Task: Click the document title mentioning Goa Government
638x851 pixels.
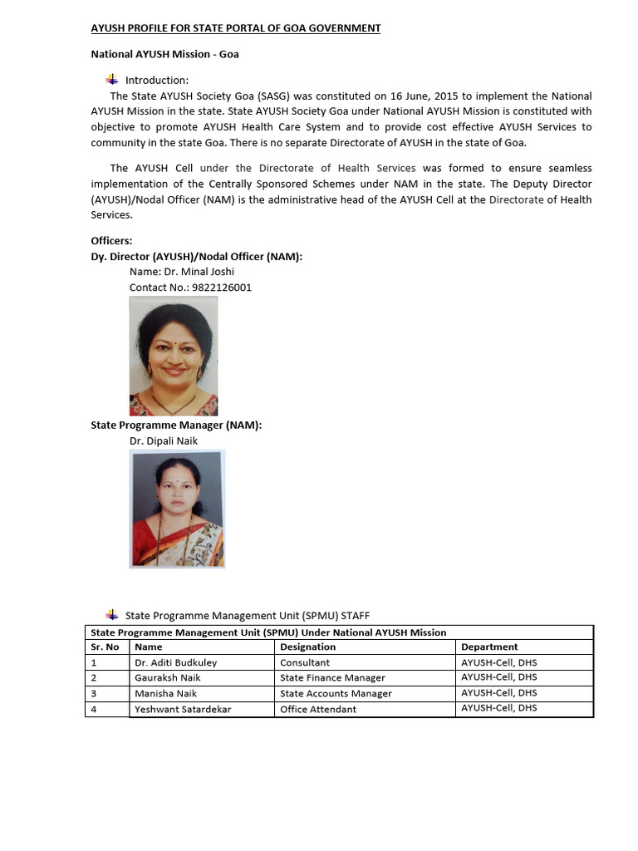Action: [235, 28]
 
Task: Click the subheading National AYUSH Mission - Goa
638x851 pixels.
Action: [164, 55]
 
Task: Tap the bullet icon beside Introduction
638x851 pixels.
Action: [113, 80]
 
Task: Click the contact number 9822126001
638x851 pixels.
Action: [222, 288]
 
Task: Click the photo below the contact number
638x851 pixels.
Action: [174, 356]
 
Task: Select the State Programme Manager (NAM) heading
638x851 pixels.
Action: [176, 425]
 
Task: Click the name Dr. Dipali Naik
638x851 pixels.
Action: [164, 441]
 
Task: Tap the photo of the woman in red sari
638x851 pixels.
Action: [178, 509]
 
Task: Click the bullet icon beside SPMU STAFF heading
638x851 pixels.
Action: [113, 615]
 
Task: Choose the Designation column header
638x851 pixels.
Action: [307, 647]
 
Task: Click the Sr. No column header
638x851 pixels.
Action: [105, 647]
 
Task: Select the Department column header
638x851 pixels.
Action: [489, 647]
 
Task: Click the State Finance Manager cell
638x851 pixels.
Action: [332, 678]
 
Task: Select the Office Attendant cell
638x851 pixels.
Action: [318, 709]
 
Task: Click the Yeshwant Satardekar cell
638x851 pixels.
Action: [183, 709]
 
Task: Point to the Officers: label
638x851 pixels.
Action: [111, 241]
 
